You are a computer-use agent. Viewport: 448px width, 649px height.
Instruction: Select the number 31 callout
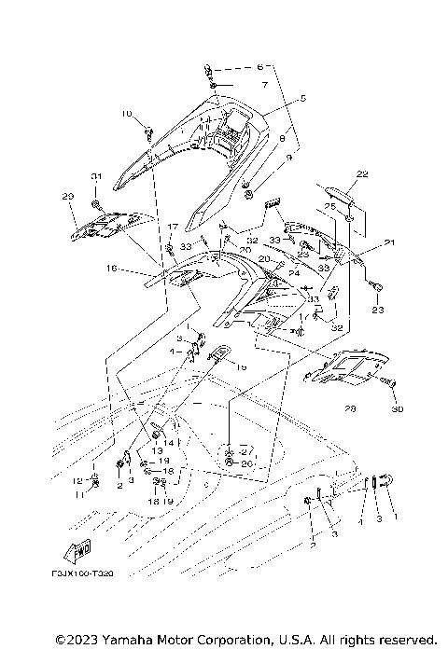(94, 177)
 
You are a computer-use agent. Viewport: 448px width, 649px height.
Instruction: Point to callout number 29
(67, 196)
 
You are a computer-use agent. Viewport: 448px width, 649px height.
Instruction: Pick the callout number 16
(111, 268)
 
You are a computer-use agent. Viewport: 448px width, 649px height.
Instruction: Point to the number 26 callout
(247, 463)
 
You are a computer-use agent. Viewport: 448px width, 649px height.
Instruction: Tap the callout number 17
(172, 227)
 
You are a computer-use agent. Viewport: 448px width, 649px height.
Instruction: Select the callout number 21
(389, 243)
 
